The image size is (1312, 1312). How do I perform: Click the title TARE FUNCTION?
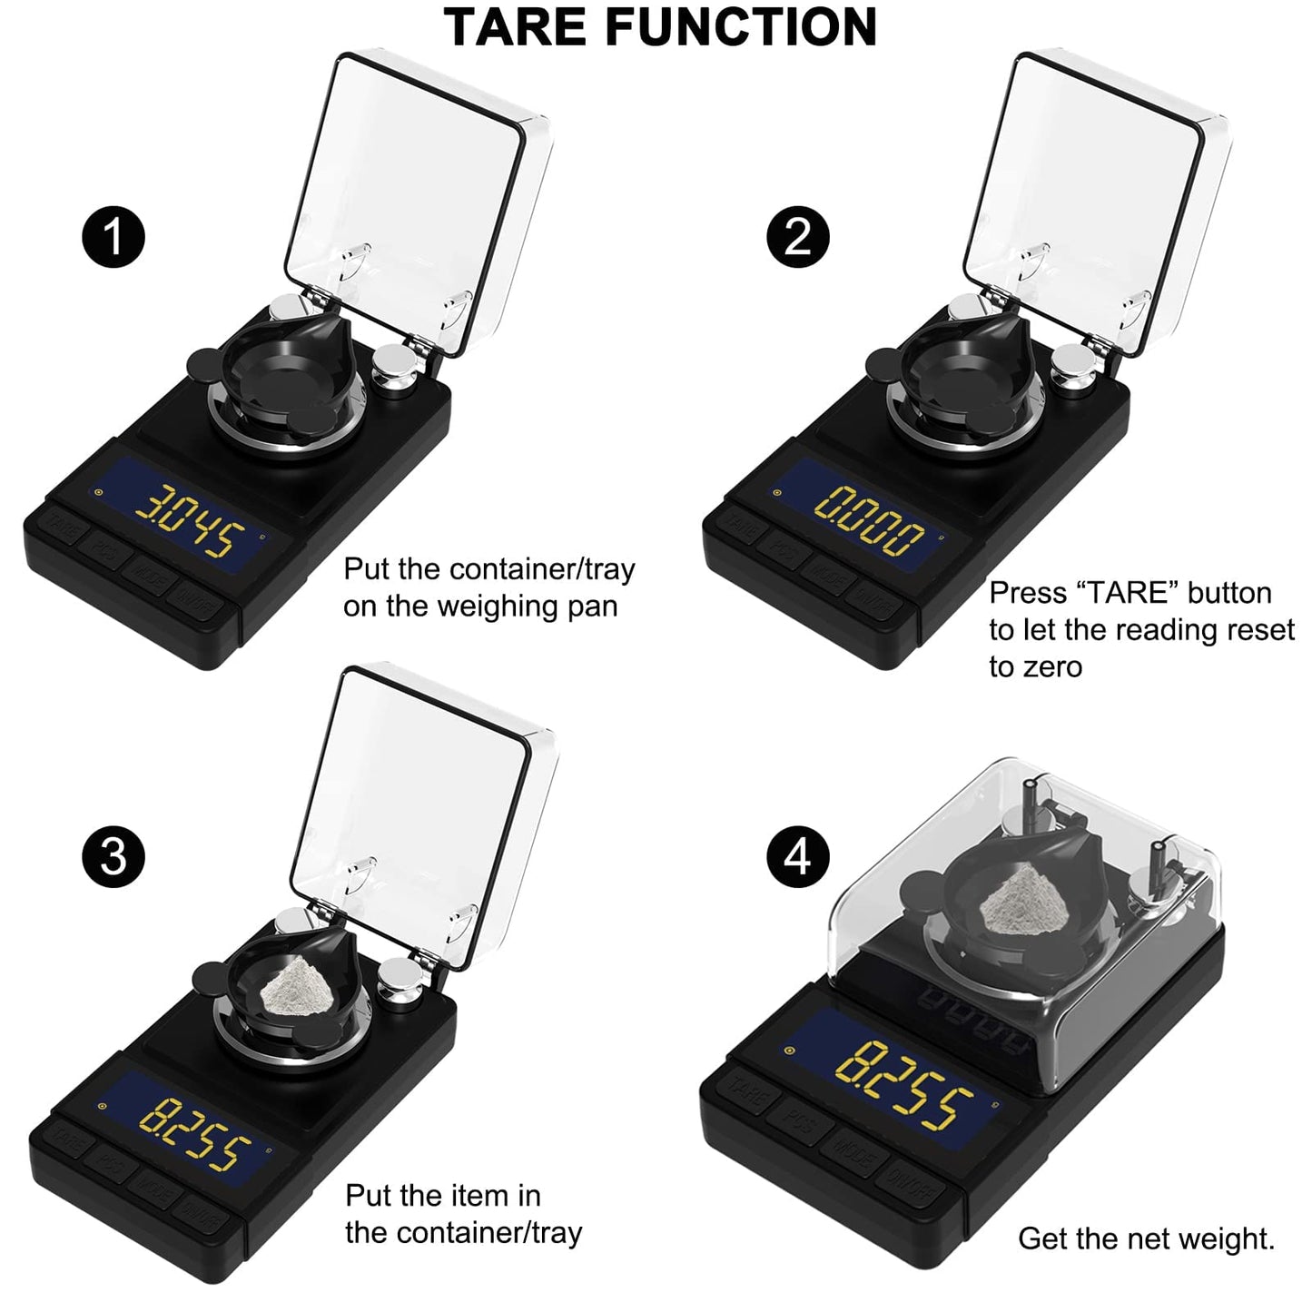click(x=660, y=26)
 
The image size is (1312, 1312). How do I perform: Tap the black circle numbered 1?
click(x=113, y=237)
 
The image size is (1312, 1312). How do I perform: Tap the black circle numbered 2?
click(x=797, y=237)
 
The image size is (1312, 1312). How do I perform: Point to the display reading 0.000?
click(x=869, y=523)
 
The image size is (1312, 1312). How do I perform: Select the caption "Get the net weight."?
click(x=1146, y=1238)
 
